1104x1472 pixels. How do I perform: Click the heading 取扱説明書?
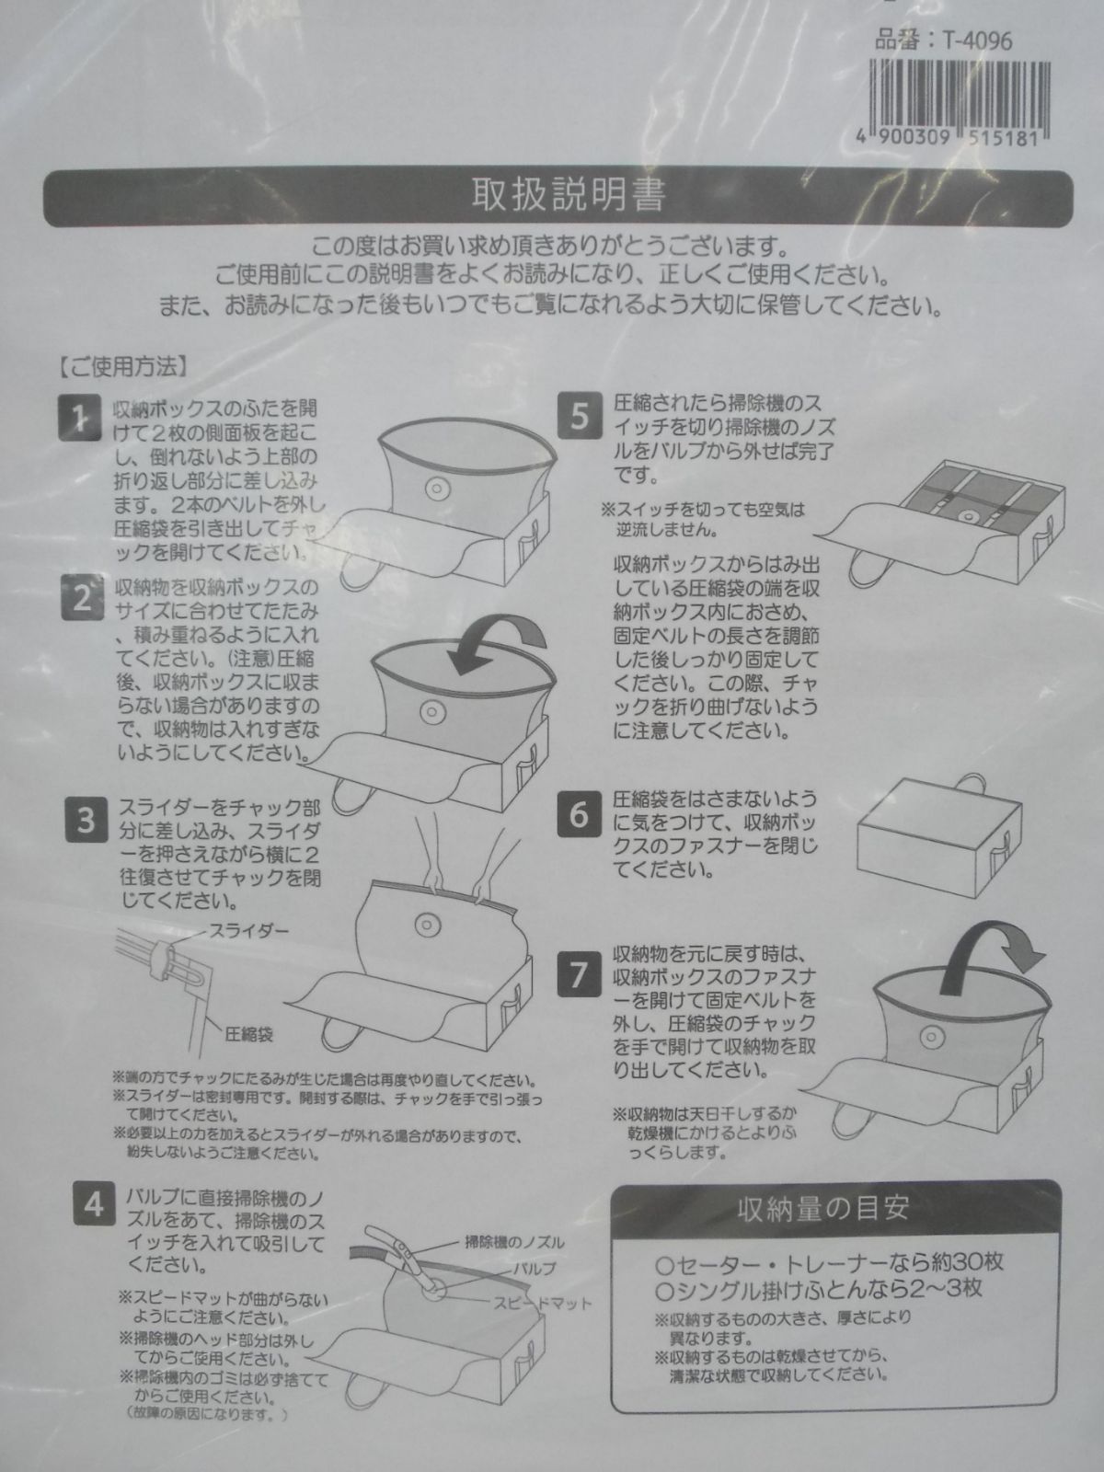tap(569, 195)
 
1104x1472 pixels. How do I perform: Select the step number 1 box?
tap(80, 420)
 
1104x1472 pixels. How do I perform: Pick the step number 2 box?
tap(83, 597)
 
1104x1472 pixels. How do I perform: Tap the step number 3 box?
tap(86, 820)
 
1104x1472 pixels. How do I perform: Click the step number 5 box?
tap(580, 417)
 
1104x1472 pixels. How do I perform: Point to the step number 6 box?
tap(580, 815)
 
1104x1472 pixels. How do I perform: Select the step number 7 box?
tap(580, 974)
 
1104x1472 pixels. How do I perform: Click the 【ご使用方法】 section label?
tap(121, 367)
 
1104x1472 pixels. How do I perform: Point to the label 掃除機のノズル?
tap(515, 1242)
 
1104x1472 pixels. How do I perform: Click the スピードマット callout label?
tap(543, 1303)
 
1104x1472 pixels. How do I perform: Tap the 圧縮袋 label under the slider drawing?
tap(248, 1035)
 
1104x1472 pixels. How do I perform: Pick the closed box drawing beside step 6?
tap(939, 834)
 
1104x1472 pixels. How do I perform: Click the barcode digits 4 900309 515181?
tap(948, 139)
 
